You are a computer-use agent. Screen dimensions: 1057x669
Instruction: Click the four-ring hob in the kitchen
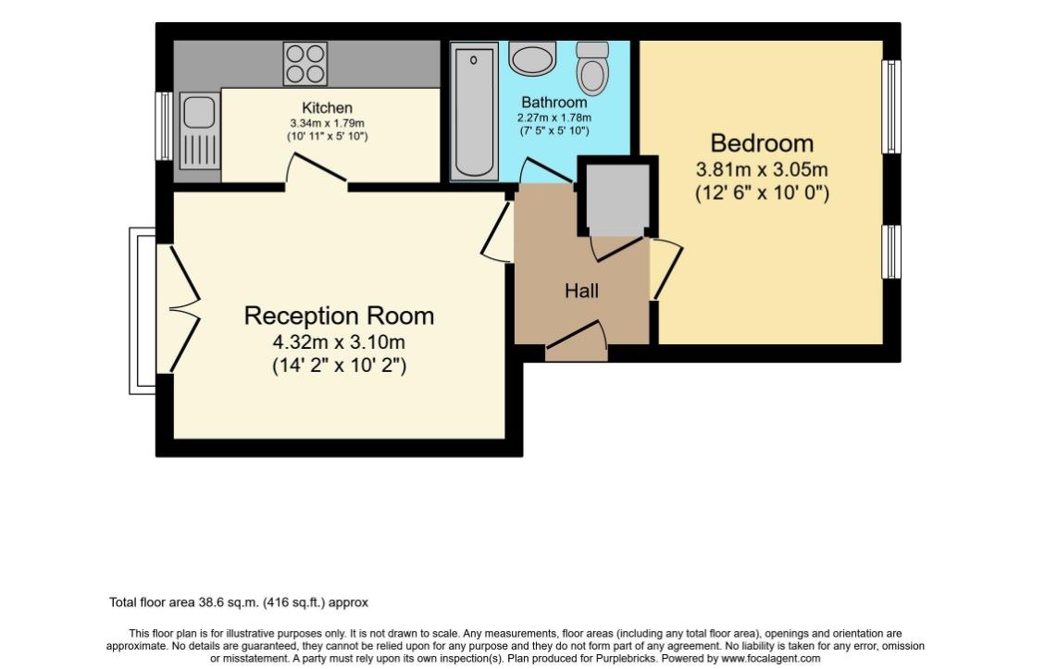click(x=305, y=64)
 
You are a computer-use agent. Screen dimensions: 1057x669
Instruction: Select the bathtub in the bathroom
click(x=474, y=112)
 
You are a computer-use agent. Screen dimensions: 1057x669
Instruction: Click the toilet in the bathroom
click(x=592, y=67)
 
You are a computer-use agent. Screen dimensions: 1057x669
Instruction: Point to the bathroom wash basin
click(x=532, y=58)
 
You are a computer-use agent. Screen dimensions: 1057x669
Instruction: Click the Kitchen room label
click(x=327, y=107)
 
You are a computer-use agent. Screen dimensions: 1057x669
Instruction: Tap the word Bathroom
click(x=554, y=103)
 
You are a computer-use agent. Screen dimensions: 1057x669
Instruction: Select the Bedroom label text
click(x=762, y=143)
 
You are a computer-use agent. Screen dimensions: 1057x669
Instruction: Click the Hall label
click(x=581, y=291)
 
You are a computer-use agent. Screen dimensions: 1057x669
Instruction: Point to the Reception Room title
click(x=339, y=316)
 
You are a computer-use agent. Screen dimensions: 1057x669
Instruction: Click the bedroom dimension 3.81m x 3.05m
click(x=762, y=169)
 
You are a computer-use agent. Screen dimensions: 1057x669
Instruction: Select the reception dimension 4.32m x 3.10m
click(x=339, y=341)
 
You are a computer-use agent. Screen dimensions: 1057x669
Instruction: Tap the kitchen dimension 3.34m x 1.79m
click(x=327, y=123)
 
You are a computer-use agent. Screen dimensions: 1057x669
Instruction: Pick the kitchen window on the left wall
click(x=164, y=126)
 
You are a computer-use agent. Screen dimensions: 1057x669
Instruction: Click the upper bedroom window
click(x=891, y=106)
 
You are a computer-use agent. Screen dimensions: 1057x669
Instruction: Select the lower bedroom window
click(x=891, y=252)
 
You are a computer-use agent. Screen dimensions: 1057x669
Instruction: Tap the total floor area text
click(x=239, y=602)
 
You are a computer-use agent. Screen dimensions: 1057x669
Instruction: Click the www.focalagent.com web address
click(x=771, y=658)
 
